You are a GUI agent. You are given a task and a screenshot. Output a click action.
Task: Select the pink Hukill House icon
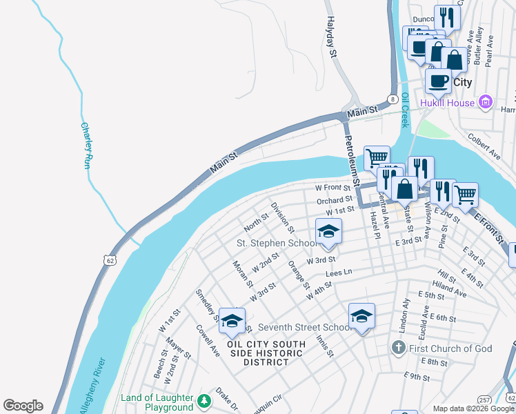click(x=486, y=103)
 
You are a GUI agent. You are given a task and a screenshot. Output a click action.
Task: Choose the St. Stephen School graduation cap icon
click(x=328, y=232)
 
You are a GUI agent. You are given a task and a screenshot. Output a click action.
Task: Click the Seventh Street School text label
click(x=304, y=327)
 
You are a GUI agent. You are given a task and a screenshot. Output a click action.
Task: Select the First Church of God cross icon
click(x=399, y=348)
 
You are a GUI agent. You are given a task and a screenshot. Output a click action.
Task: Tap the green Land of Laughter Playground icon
click(x=204, y=401)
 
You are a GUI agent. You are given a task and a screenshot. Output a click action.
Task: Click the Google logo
click(x=23, y=406)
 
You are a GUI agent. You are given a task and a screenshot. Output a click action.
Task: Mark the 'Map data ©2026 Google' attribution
click(x=473, y=408)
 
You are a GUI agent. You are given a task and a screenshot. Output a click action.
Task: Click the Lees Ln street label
click(x=339, y=273)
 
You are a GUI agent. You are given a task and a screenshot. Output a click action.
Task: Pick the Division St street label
click(x=283, y=217)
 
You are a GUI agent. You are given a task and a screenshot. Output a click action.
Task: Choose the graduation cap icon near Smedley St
click(x=232, y=322)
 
